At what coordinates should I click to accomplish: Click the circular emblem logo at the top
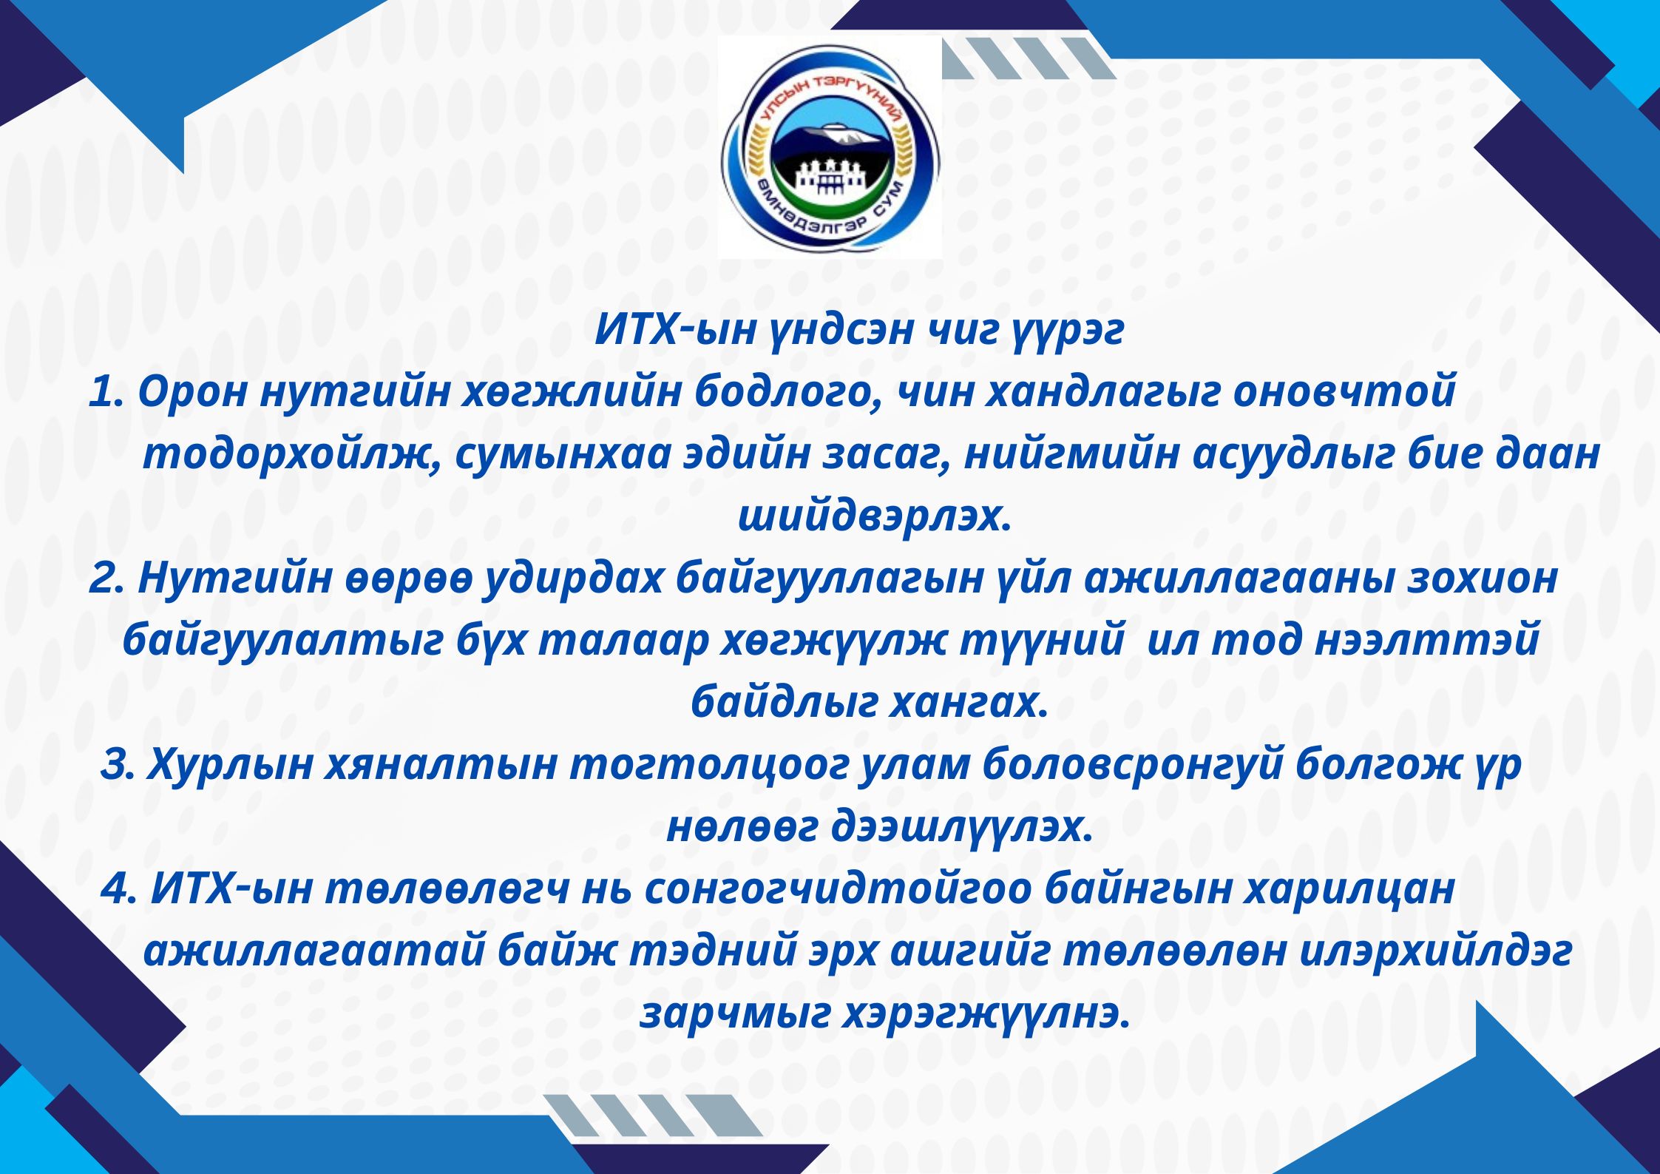(830, 147)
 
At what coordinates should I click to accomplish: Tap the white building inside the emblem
(829, 181)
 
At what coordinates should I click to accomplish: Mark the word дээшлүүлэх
(961, 828)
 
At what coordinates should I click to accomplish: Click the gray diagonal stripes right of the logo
(1028, 58)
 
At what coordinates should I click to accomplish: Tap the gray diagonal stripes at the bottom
(654, 1116)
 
